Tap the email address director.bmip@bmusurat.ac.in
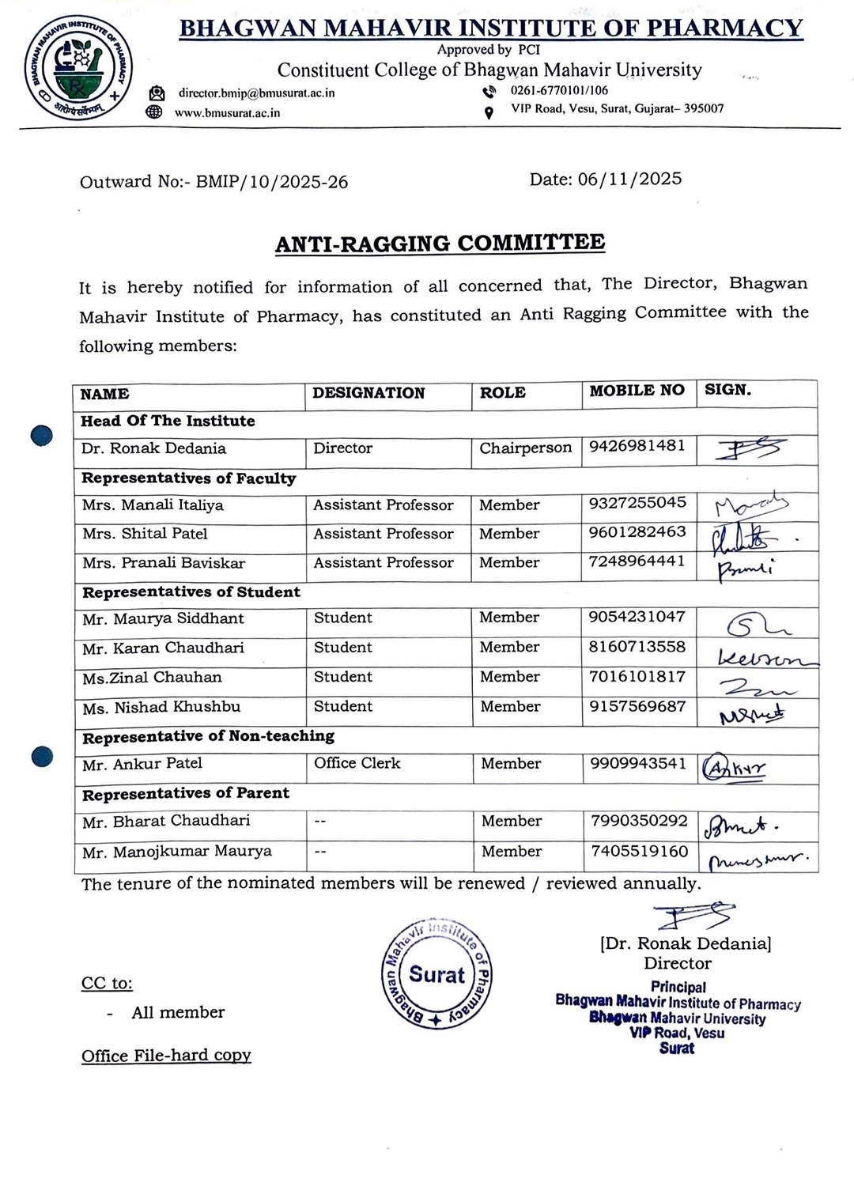coord(256,93)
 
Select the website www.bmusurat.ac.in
coord(228,113)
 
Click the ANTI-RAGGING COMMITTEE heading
coord(440,243)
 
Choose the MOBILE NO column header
coord(637,390)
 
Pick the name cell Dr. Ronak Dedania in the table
coord(154,448)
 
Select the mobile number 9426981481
coord(637,445)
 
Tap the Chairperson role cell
coord(525,448)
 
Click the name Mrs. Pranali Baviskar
coord(164,563)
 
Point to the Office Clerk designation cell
coord(357,763)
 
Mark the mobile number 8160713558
coord(637,647)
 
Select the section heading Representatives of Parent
coord(186,793)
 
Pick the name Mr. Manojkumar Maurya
coord(177,852)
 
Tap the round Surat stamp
coord(437,975)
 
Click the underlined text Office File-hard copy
coord(166,1056)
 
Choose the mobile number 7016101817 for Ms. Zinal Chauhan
coord(637,676)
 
